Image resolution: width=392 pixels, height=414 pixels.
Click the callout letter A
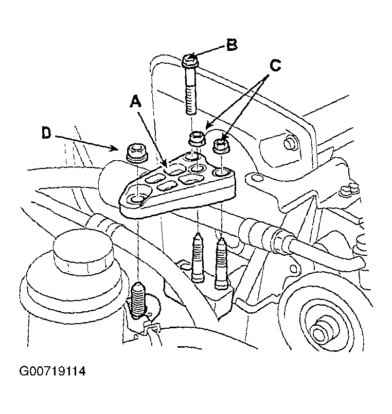(136, 102)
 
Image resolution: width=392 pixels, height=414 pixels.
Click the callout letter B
(232, 45)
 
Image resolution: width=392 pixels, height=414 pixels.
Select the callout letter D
(46, 133)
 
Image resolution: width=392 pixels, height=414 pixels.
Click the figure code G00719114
(52, 371)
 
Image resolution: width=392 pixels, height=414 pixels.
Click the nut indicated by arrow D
(136, 153)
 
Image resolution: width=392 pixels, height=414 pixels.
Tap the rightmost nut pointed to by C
(221, 146)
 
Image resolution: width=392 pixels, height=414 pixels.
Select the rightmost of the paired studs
(222, 262)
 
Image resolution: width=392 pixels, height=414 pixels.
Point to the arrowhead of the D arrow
(115, 149)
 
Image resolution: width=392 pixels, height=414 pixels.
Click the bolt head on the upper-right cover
(290, 142)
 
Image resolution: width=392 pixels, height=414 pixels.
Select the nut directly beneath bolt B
(198, 139)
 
